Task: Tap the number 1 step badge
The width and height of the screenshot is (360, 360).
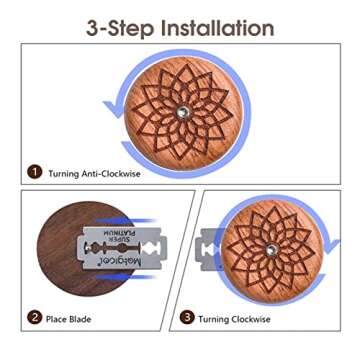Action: (x=34, y=173)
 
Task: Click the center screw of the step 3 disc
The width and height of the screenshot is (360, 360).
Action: (x=269, y=254)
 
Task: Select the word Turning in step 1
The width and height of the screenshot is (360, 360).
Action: (x=65, y=173)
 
